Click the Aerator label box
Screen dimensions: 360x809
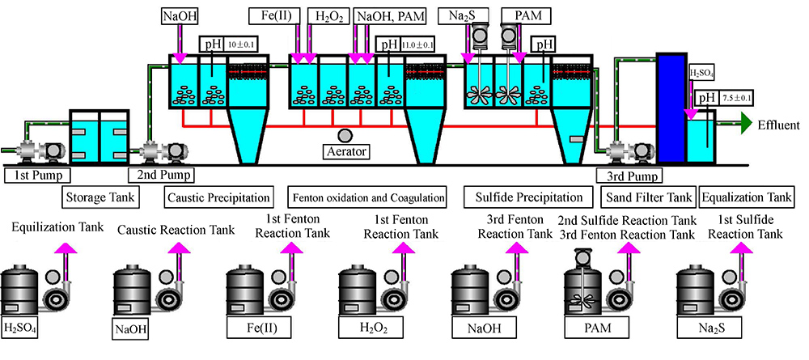click(x=345, y=151)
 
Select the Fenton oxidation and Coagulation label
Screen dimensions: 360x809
click(x=368, y=197)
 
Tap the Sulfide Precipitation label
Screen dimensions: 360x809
click(x=524, y=197)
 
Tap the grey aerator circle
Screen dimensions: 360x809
click(x=345, y=135)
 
